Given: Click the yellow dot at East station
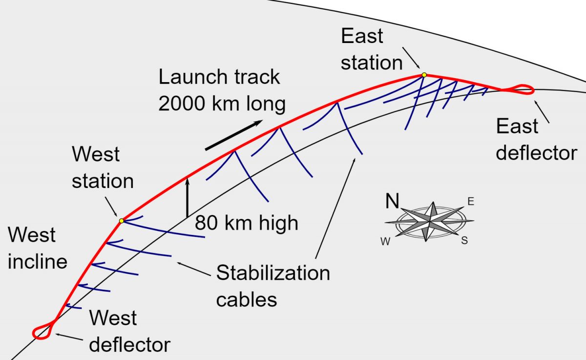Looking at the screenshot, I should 424,75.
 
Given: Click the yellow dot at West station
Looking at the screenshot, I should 121,221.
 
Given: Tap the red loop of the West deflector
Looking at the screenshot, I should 43,331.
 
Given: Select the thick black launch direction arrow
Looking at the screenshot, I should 233,135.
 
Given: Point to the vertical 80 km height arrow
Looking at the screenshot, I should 187,198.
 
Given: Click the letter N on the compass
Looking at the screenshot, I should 393,201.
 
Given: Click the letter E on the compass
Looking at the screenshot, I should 471,201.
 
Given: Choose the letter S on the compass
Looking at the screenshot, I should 464,241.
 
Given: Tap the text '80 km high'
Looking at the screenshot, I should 247,223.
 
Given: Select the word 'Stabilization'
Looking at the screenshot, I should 273,273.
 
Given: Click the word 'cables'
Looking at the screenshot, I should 247,299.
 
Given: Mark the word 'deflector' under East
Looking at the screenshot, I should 536,153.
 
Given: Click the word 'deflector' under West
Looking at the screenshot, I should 130,345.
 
